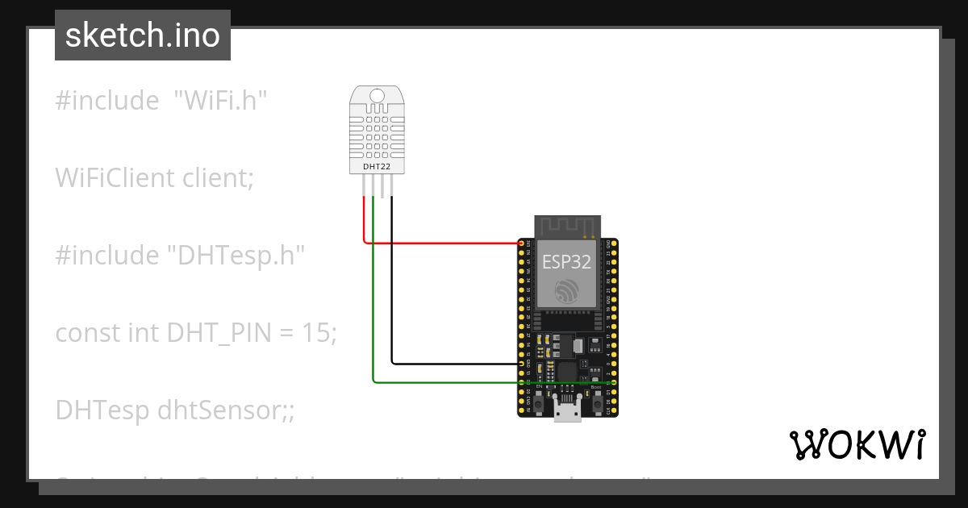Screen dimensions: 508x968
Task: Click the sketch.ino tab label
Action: (142, 35)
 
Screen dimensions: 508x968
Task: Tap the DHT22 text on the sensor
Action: (377, 166)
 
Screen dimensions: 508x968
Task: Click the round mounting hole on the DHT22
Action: (377, 98)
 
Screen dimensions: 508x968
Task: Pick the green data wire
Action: (444, 381)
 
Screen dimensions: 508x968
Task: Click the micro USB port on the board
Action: (567, 410)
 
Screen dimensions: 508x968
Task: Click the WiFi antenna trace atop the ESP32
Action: (568, 226)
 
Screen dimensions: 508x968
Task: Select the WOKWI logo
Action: (857, 444)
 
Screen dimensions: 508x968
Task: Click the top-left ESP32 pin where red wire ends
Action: (520, 243)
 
